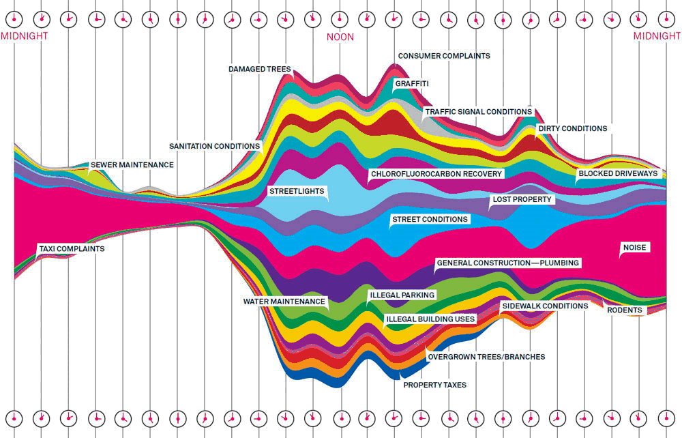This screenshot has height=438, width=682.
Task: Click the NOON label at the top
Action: (x=340, y=37)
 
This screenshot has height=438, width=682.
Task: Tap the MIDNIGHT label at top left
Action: (x=24, y=36)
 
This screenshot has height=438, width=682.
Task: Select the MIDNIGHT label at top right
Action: (x=657, y=36)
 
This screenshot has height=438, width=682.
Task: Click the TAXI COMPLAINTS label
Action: (x=72, y=249)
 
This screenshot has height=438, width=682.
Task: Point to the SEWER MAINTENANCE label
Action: (x=132, y=165)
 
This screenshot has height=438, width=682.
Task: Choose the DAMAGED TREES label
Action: (x=259, y=69)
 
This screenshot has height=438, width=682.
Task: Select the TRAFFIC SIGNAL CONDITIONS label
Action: (x=478, y=111)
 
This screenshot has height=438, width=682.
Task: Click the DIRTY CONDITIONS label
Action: (x=572, y=128)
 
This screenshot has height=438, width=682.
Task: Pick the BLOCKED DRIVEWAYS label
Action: (x=618, y=173)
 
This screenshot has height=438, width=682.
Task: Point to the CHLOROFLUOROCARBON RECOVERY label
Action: (x=436, y=174)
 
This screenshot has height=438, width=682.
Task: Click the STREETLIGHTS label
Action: (x=297, y=192)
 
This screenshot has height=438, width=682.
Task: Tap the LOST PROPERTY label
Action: (x=521, y=200)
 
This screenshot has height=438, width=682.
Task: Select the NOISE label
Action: (x=634, y=248)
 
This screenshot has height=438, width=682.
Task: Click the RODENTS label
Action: (x=625, y=310)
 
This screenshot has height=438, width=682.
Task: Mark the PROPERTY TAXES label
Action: (x=434, y=385)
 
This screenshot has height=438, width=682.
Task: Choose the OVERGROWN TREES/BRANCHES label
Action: (x=486, y=357)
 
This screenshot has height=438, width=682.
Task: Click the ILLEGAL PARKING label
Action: (x=402, y=295)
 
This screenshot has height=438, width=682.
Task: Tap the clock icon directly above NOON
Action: (x=340, y=20)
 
